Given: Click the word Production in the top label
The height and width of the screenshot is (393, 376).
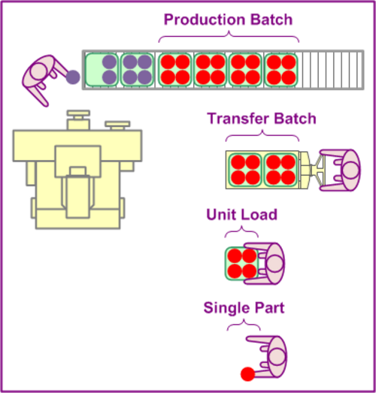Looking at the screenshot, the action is (x=205, y=20).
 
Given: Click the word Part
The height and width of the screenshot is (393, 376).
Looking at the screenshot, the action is (x=266, y=307).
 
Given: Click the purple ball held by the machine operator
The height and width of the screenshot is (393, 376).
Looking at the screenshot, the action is (x=73, y=77).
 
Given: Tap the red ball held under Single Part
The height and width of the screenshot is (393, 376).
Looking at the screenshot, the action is (x=247, y=374).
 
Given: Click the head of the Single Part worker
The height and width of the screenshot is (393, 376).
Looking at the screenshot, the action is (x=277, y=357).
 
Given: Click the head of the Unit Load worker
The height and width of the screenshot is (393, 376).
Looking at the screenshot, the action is (x=274, y=264).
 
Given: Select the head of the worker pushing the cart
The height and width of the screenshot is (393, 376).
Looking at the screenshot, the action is (x=350, y=170).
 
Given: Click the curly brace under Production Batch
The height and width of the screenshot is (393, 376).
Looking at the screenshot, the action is (x=229, y=37).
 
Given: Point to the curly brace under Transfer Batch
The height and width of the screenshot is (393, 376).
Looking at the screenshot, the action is (x=262, y=135).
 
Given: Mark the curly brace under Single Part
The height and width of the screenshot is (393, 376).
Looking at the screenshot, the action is (x=244, y=324).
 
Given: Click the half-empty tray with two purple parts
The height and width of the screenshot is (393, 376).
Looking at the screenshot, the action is (x=102, y=70).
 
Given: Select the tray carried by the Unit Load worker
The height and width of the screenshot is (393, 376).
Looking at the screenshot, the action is (x=241, y=264).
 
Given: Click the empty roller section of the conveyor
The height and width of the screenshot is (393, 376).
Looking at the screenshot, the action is (x=332, y=70).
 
